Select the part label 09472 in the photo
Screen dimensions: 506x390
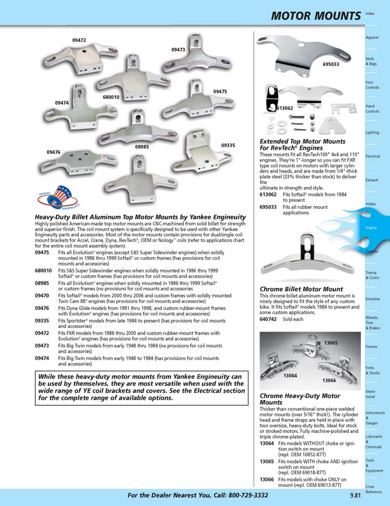click(x=79, y=40)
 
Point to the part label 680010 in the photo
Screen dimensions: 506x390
click(x=111, y=97)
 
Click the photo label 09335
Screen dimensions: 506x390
click(x=228, y=145)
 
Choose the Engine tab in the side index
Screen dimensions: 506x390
click(x=371, y=228)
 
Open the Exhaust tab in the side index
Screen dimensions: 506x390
click(x=371, y=180)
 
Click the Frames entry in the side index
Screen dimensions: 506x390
click(x=371, y=346)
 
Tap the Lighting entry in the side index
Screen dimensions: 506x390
click(x=372, y=132)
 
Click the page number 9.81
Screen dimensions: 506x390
click(x=356, y=496)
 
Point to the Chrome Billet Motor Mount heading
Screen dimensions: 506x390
click(x=301, y=289)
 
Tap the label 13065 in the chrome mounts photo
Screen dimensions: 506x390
click(x=331, y=343)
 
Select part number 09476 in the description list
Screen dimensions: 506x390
click(x=43, y=308)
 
